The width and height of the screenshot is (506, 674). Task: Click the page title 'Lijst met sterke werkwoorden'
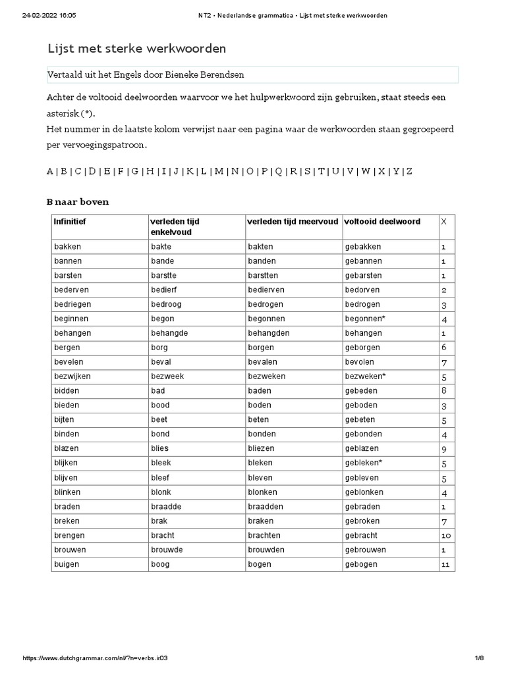[137, 49]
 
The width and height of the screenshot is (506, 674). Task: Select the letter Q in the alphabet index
[278, 171]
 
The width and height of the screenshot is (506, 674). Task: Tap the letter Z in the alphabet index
[409, 171]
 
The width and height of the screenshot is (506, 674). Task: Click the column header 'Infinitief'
[70, 222]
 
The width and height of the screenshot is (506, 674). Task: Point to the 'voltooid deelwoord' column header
[382, 222]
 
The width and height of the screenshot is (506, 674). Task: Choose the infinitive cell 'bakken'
[67, 247]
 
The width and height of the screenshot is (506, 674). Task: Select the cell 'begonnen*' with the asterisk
[365, 319]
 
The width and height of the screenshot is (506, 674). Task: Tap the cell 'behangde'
[169, 334]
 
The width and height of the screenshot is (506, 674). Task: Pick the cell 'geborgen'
[362, 348]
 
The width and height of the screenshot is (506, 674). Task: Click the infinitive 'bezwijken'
[72, 376]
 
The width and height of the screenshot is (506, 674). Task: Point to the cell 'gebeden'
[362, 391]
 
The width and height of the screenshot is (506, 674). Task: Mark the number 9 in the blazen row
[444, 449]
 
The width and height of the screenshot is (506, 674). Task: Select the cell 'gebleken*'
[364, 463]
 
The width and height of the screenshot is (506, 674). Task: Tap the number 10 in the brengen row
[446, 536]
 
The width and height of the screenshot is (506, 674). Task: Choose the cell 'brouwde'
[167, 550]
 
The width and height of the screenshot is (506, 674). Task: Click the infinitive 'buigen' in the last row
[67, 564]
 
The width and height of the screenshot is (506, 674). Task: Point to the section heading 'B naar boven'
[78, 201]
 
